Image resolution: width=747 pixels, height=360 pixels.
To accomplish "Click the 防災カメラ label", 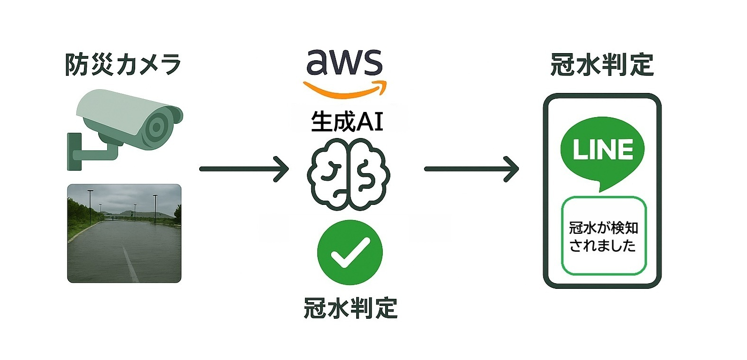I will pyautogui.click(x=123, y=65).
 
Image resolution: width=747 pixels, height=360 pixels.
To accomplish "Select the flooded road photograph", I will pyautogui.click(x=124, y=233).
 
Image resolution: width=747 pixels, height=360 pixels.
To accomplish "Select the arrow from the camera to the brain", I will pyautogui.click(x=244, y=168).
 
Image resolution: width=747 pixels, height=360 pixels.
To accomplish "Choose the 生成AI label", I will pyautogui.click(x=347, y=121).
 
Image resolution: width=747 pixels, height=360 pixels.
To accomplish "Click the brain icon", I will pyautogui.click(x=349, y=174).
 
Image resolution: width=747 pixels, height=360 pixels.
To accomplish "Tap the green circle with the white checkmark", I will pyautogui.click(x=350, y=252).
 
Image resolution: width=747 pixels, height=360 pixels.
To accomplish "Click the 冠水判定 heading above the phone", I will pyautogui.click(x=602, y=65).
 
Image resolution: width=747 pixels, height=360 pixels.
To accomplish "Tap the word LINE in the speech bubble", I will pyautogui.click(x=603, y=149).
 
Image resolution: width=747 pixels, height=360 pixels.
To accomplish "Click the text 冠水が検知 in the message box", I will pyautogui.click(x=603, y=228).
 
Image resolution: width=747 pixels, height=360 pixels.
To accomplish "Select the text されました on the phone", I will pyautogui.click(x=602, y=246).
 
